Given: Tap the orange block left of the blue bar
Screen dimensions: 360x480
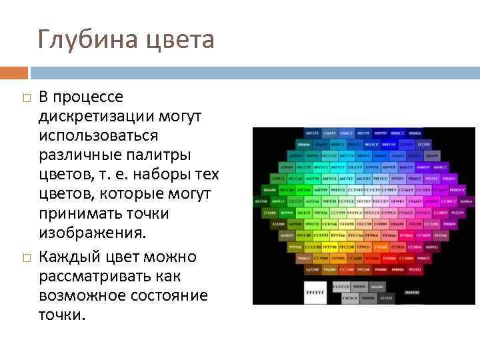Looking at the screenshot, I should (14, 73).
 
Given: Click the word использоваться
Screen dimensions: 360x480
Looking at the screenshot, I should (98, 136).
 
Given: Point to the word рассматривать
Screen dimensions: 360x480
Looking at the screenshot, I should (89, 276).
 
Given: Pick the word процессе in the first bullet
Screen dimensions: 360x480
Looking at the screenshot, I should (90, 97).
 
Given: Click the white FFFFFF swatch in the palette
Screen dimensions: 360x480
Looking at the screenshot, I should (313, 292).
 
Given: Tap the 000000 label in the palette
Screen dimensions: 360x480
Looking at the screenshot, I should (413, 291).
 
